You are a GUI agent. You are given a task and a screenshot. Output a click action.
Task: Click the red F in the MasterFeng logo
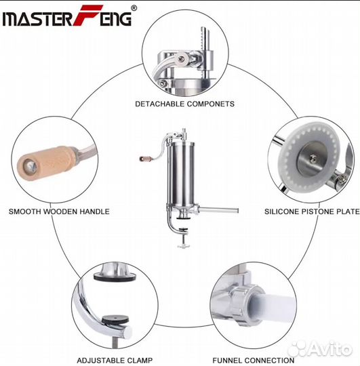(x=87, y=15)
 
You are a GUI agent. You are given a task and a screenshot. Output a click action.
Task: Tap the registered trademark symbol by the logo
(x=134, y=8)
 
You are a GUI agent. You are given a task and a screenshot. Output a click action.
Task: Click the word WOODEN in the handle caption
(x=61, y=211)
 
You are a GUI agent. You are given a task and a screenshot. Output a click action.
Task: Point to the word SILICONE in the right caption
(x=281, y=211)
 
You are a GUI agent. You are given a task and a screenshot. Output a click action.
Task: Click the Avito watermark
(x=320, y=349)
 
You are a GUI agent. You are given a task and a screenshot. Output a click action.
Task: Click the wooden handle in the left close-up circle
(x=47, y=163)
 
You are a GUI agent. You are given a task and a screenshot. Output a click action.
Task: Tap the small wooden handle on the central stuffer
(x=146, y=159)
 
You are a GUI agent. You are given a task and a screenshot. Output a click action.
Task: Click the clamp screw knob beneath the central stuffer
(x=184, y=245)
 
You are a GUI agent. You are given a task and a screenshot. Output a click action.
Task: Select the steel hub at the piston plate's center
(x=311, y=159)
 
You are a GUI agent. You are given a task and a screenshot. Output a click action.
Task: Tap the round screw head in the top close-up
(x=182, y=58)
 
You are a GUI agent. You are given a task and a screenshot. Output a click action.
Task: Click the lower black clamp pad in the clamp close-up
(x=115, y=319)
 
